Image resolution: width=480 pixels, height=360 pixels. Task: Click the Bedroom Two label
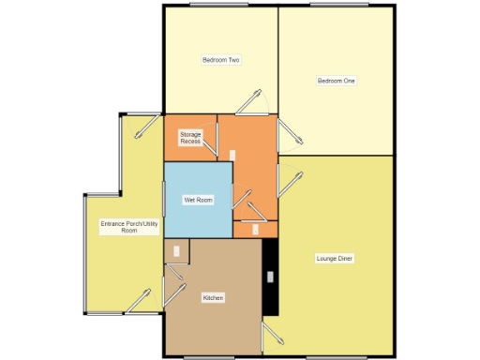coord(221,60)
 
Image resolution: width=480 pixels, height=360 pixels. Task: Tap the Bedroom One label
coord(336,81)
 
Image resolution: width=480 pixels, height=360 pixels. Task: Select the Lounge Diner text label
coord(334,257)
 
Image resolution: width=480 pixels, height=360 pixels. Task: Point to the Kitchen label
coord(213,298)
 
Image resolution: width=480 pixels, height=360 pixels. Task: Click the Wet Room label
coord(198,200)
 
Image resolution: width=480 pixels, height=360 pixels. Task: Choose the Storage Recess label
coord(190,138)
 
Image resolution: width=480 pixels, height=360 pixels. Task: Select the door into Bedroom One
coord(291,136)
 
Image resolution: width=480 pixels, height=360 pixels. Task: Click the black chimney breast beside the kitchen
coord(270,277)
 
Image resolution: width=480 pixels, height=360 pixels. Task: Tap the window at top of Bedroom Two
coord(212,5)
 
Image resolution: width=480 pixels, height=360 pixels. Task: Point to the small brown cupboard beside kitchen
coord(176,250)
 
